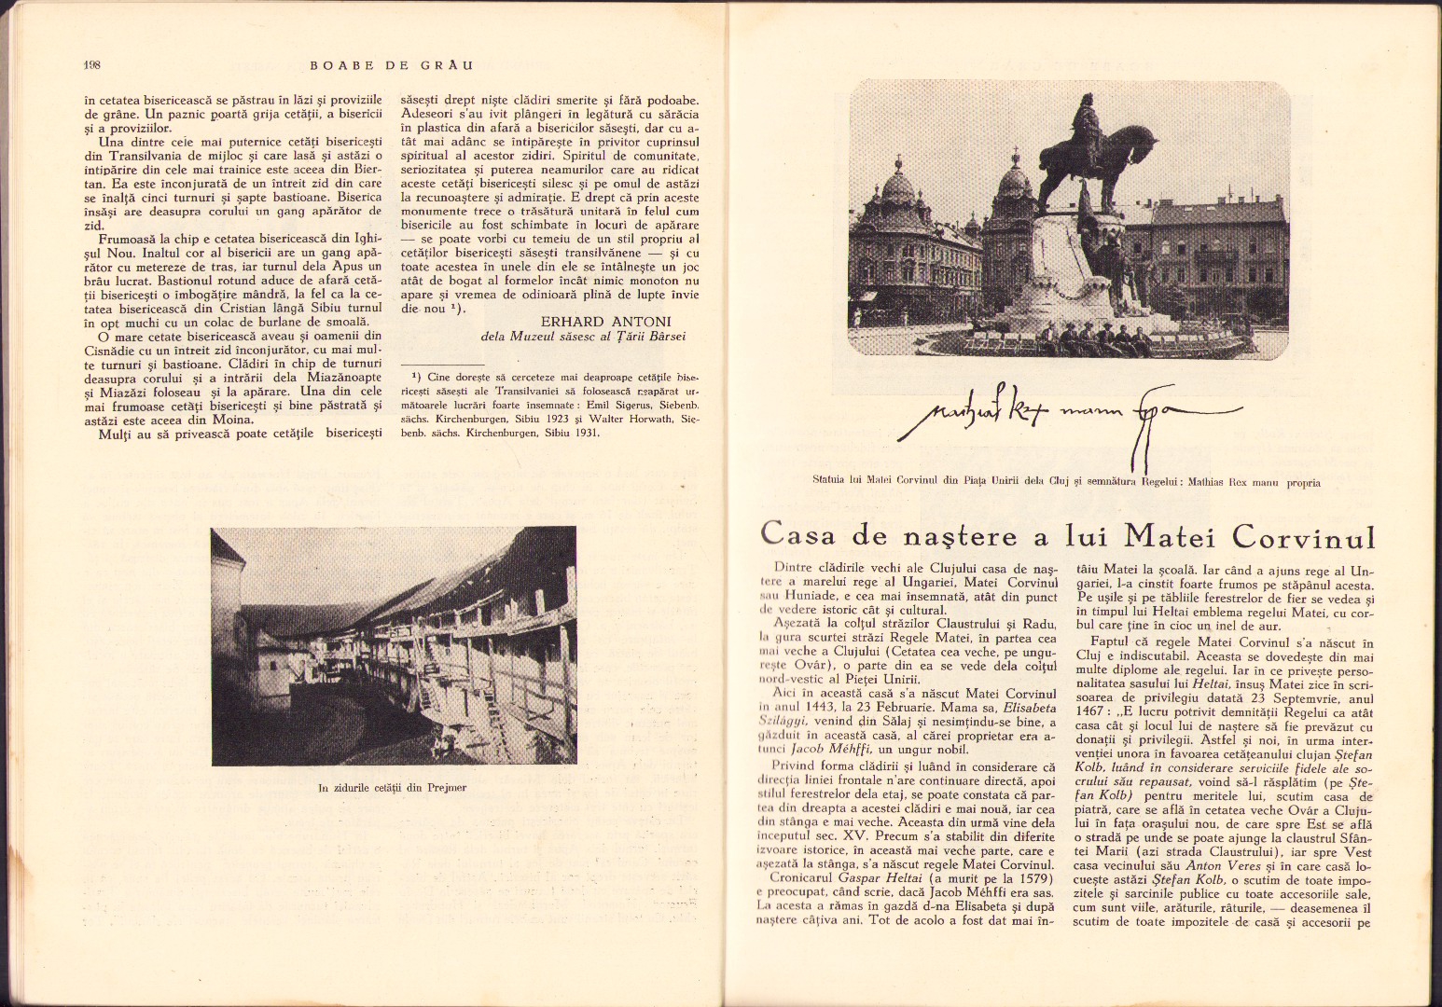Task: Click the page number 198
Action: [91, 65]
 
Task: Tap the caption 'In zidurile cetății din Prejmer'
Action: [392, 788]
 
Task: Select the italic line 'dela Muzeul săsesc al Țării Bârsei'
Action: [583, 338]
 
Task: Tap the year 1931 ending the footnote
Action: [584, 435]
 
